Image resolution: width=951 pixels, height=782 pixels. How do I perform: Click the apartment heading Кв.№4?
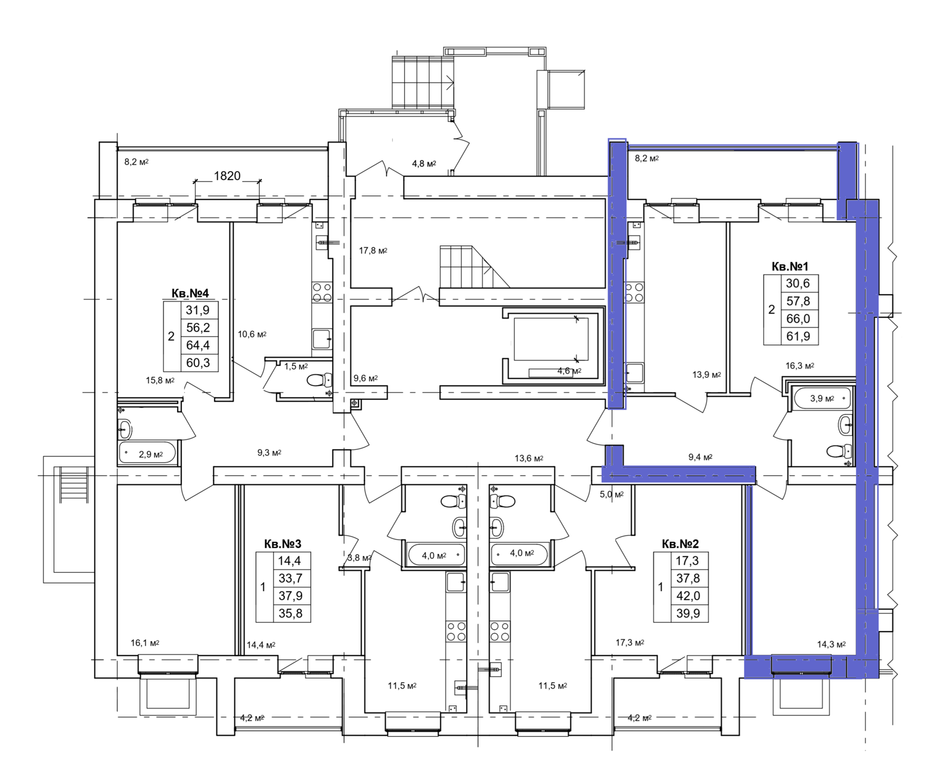190,293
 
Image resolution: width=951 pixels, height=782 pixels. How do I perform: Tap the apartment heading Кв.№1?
789,266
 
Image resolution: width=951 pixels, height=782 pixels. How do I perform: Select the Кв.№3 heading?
282,544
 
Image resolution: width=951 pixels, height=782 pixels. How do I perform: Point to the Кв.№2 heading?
680,544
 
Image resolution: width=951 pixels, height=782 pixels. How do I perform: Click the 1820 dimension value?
227,176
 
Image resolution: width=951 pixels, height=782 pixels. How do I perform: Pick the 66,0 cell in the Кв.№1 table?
798,319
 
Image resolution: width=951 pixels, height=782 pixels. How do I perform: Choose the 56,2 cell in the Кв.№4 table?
198,327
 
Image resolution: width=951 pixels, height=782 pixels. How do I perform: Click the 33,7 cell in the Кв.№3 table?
291,578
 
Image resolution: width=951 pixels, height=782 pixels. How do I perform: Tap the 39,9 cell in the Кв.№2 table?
688,613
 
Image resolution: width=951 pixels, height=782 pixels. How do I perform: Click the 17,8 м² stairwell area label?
373,251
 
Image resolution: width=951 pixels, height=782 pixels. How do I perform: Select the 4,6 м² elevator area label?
569,371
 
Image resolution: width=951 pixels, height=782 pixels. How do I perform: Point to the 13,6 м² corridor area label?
529,459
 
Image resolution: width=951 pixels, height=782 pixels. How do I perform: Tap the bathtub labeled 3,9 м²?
821,399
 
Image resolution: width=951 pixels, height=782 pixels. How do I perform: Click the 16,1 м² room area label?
145,643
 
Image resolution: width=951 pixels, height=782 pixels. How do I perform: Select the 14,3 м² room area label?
831,645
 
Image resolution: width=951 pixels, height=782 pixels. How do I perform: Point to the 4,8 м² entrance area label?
424,163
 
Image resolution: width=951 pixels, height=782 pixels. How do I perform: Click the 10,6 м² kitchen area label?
252,335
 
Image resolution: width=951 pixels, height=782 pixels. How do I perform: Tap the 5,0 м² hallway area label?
612,494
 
